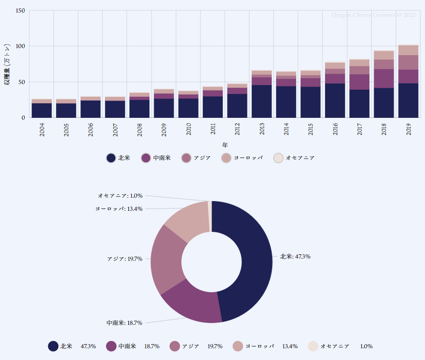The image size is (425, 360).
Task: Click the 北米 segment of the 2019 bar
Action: click(x=408, y=100)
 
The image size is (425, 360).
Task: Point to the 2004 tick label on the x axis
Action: click(x=42, y=130)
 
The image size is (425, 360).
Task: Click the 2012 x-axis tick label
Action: click(x=237, y=130)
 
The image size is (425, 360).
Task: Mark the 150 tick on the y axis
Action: click(x=20, y=11)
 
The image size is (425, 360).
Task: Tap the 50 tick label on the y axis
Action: click(x=21, y=82)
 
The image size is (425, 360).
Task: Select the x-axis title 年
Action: click(x=225, y=145)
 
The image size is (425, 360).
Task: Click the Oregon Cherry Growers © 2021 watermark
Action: click(x=373, y=15)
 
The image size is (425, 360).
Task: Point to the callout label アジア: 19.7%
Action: click(x=125, y=259)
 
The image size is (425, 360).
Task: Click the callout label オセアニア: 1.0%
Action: click(x=120, y=195)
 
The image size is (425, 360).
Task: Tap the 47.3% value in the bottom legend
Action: click(x=88, y=346)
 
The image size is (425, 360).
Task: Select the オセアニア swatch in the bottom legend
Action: click(x=313, y=346)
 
